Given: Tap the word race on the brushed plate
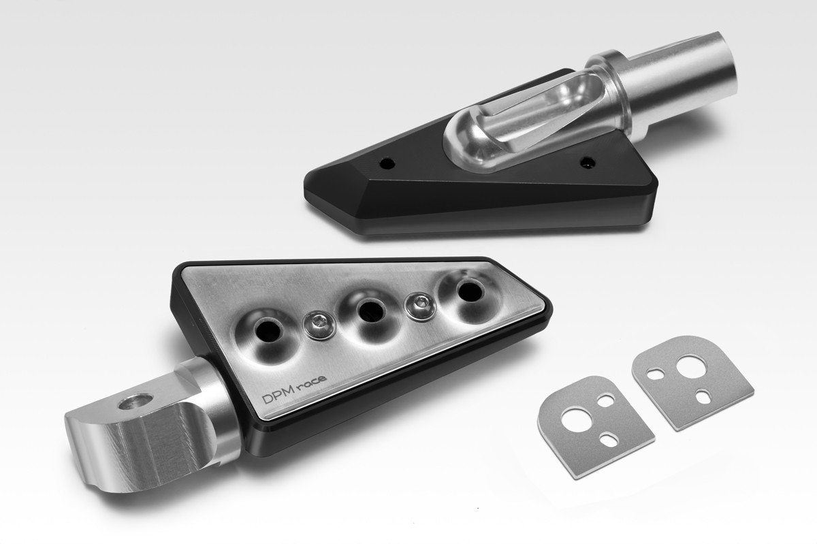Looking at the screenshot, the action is coord(310,382).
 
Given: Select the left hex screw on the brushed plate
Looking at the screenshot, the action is coord(319,324).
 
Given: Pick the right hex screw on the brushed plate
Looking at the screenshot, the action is coord(420,306).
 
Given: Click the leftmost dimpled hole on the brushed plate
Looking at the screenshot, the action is coord(268,332).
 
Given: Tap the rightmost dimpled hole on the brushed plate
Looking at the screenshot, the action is coord(470,290).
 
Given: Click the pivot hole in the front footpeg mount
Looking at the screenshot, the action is coord(135,402).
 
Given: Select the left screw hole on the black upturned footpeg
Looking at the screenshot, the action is coord(387,163).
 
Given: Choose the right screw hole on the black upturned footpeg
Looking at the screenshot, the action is coord(587,162).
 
